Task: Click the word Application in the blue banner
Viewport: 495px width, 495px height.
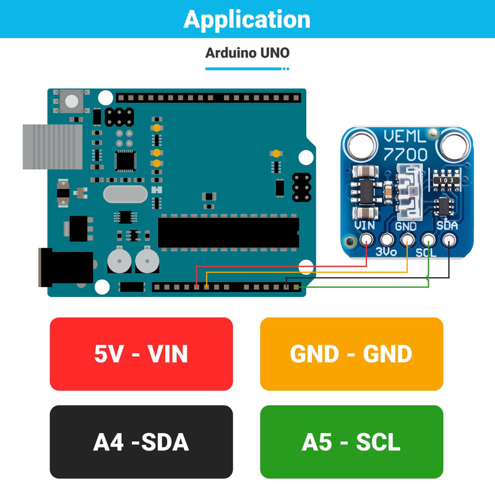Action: pos(247,20)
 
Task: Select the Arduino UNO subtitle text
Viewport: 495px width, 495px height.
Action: pos(247,53)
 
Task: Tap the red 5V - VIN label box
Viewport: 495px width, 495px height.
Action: pos(141,354)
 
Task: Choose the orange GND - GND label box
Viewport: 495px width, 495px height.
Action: pos(351,354)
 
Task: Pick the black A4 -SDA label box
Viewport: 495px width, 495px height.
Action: pos(141,442)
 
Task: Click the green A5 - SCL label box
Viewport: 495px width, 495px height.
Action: pos(351,442)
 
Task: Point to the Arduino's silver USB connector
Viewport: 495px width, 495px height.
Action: pos(53,147)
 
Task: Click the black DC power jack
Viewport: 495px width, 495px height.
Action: pos(66,267)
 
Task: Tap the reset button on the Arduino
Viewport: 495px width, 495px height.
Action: pos(71,101)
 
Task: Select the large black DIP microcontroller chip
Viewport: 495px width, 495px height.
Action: pos(228,233)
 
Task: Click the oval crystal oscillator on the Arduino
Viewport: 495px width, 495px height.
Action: pos(126,194)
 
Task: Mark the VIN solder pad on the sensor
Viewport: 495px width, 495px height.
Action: pos(366,239)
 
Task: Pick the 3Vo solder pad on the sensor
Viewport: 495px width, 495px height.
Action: pos(386,239)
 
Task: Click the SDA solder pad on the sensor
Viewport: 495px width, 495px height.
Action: pos(449,239)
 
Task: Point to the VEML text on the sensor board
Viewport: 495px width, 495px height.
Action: pos(405,136)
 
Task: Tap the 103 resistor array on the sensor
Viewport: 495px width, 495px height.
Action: pos(446,180)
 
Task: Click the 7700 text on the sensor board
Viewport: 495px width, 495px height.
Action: pos(405,155)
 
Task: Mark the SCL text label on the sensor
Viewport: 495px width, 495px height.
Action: pos(426,252)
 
